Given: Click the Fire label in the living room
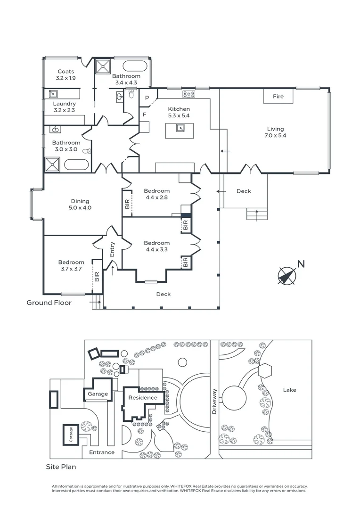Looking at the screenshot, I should (x=278, y=97).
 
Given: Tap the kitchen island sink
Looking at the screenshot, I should (x=180, y=128).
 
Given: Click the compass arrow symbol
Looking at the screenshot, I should (x=286, y=276).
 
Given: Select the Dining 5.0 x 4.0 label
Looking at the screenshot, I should (x=80, y=205).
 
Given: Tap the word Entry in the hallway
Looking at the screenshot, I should (x=112, y=249).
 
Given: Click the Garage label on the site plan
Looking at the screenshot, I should (x=97, y=394).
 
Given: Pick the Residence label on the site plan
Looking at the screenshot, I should (x=143, y=398).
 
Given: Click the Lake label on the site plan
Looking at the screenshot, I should (x=289, y=390).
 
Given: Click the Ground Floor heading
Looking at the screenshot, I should (x=49, y=303).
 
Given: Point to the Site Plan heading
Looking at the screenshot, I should (x=61, y=467).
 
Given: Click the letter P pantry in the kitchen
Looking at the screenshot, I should (x=147, y=98).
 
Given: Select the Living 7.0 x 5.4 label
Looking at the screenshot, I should (x=276, y=132).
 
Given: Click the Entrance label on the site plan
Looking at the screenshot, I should (x=102, y=452).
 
